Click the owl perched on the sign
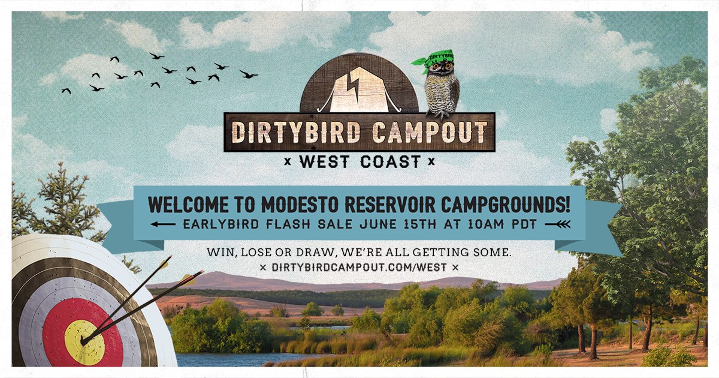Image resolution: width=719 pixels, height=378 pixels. coord(442,87)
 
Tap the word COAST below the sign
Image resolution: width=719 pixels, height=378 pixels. coord(391,161)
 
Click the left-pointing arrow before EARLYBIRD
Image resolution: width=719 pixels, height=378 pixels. coord(163,224)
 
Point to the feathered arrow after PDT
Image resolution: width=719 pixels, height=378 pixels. coord(558,224)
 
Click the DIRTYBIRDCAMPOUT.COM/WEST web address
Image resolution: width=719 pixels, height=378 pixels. coord(359,267)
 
